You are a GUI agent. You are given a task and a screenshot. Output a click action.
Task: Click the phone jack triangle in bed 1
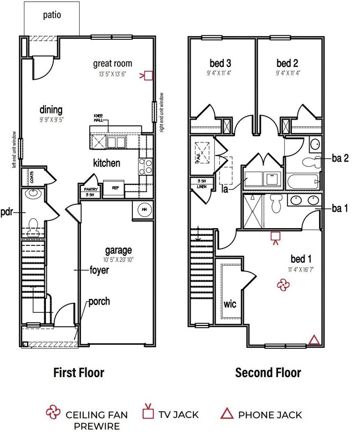point(314,339)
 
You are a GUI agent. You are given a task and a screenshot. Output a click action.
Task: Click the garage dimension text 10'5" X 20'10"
point(119,260)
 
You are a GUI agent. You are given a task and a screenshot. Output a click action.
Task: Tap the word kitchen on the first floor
point(107,163)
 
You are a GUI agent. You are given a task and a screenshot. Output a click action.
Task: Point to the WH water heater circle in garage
point(144,210)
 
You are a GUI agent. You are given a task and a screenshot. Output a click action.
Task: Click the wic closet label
point(230,304)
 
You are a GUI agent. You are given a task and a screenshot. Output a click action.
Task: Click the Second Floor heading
point(268,372)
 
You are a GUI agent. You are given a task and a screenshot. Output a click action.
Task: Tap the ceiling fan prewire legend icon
point(53,413)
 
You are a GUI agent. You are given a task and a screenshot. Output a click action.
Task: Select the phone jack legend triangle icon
point(227,413)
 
